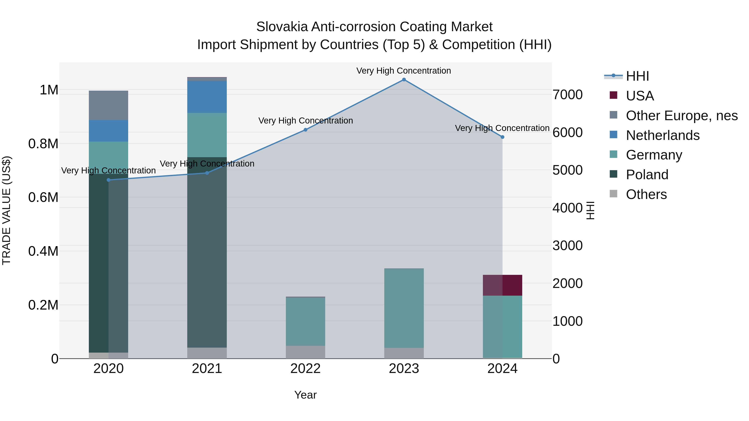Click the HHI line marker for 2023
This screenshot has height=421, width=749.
tap(404, 80)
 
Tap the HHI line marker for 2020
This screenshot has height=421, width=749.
tap(108, 180)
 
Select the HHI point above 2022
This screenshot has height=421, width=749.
tap(305, 130)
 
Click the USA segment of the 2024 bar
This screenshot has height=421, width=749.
tap(502, 285)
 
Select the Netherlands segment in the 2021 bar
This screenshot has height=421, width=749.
tap(207, 97)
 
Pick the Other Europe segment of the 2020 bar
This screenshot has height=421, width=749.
tap(108, 105)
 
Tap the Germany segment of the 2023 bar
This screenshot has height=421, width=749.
tap(404, 308)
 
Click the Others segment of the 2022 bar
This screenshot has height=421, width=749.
tap(305, 352)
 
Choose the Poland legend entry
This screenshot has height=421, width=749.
tap(647, 175)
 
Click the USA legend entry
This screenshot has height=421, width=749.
tap(640, 96)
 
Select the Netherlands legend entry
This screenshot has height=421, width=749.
tap(663, 135)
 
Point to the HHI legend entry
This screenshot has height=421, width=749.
tap(637, 76)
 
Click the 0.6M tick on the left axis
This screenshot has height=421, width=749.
tap(43, 198)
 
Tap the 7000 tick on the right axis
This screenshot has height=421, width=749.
tap(567, 95)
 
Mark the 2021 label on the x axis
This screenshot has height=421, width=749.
tap(207, 369)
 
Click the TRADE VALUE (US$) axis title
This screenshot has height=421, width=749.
tap(6, 210)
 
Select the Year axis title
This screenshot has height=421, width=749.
tap(305, 395)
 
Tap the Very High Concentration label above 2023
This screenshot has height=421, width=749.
tap(404, 71)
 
